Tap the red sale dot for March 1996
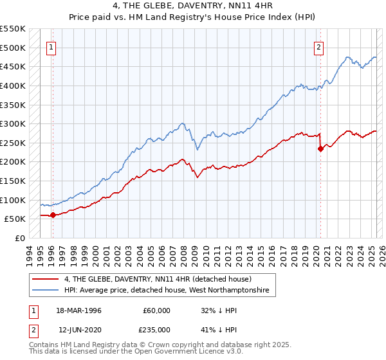(x=53, y=215)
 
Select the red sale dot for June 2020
(x=320, y=148)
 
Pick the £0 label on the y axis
(x=19, y=238)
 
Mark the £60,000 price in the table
(x=157, y=310)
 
